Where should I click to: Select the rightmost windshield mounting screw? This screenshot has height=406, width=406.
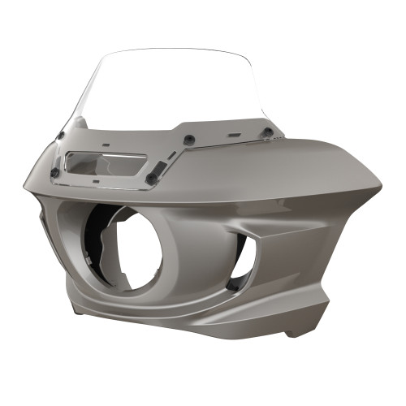266,132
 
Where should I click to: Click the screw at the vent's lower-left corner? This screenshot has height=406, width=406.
55,172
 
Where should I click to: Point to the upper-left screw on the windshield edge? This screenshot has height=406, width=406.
62,135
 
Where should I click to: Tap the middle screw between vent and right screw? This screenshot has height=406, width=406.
188,140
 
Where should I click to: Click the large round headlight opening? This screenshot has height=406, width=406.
130,248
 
